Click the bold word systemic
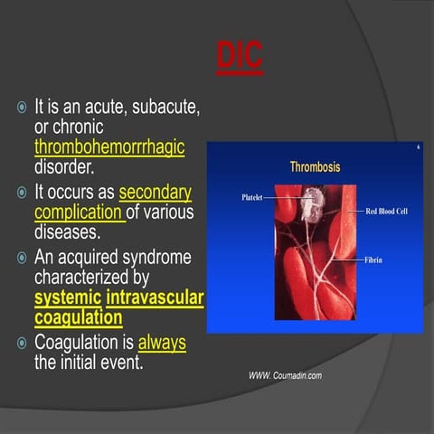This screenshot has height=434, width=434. pyautogui.click(x=67, y=298)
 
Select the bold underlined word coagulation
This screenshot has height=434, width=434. pyautogui.click(x=79, y=317)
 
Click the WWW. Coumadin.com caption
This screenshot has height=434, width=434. pyautogui.click(x=285, y=374)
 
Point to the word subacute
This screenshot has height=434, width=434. pyautogui.click(x=165, y=107)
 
